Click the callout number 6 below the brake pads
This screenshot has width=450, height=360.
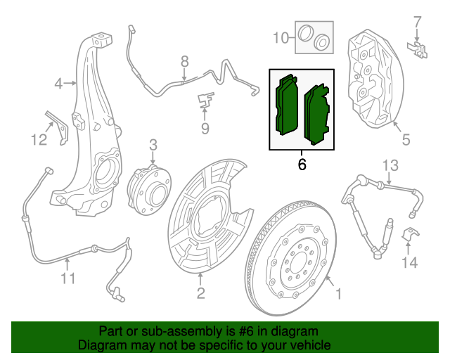pyautogui.click(x=302, y=165)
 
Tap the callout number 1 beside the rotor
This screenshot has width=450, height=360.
pyautogui.click(x=337, y=294)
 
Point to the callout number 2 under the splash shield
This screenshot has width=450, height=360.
pyautogui.click(x=200, y=293)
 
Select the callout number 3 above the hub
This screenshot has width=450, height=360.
pyautogui.click(x=152, y=146)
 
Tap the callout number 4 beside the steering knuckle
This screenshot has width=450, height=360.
pyautogui.click(x=59, y=85)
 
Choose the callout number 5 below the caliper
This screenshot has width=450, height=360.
pyautogui.click(x=406, y=140)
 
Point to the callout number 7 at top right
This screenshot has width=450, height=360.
pyautogui.click(x=417, y=21)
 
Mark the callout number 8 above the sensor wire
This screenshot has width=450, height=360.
pyautogui.click(x=184, y=61)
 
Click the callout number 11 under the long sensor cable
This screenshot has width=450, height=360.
pyautogui.click(x=67, y=280)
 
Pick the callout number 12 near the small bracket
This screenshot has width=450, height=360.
pyautogui.click(x=39, y=140)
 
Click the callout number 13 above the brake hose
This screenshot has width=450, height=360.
pyautogui.click(x=390, y=165)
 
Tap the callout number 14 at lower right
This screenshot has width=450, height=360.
pyautogui.click(x=409, y=262)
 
